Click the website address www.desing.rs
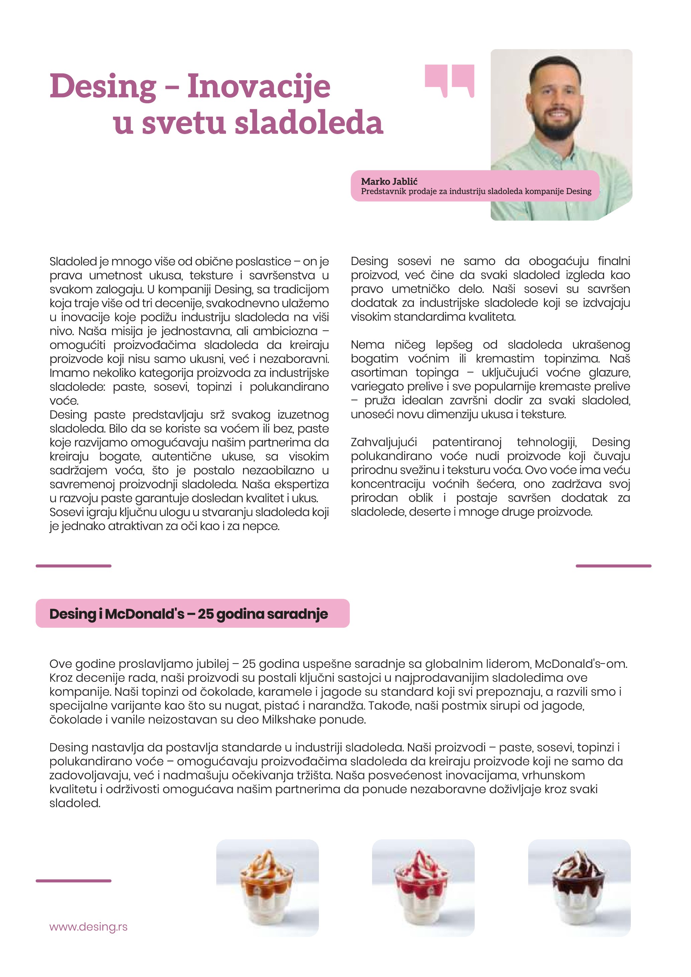click(x=89, y=927)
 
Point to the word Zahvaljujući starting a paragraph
click(x=384, y=443)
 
